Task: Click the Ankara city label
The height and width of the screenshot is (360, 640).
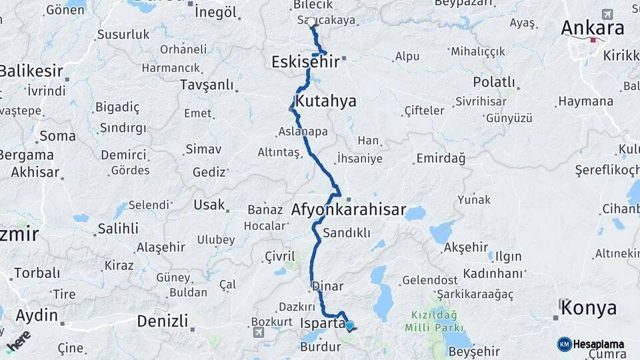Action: (x=593, y=28)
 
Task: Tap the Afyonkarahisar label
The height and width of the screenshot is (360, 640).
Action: (x=348, y=210)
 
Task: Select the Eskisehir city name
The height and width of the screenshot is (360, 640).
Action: (x=305, y=62)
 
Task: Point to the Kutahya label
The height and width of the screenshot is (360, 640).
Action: (x=326, y=101)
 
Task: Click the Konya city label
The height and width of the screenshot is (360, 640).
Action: (x=589, y=308)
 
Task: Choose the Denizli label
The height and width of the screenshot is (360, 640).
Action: (x=163, y=321)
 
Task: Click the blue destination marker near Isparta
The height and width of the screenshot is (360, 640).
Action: (x=349, y=325)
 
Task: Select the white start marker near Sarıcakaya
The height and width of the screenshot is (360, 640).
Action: (x=311, y=22)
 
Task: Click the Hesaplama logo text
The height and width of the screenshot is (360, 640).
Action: (x=598, y=344)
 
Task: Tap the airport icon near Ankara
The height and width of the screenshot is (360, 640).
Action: (x=607, y=14)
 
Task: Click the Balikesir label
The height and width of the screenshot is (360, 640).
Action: (x=31, y=71)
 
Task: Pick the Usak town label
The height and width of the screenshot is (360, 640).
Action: (x=209, y=205)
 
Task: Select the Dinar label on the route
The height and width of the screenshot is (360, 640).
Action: (x=327, y=287)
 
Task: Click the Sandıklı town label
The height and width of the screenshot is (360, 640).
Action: (x=346, y=233)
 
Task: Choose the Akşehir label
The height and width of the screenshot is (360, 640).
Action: (x=465, y=248)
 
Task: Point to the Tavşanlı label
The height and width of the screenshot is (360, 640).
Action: (x=207, y=85)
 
